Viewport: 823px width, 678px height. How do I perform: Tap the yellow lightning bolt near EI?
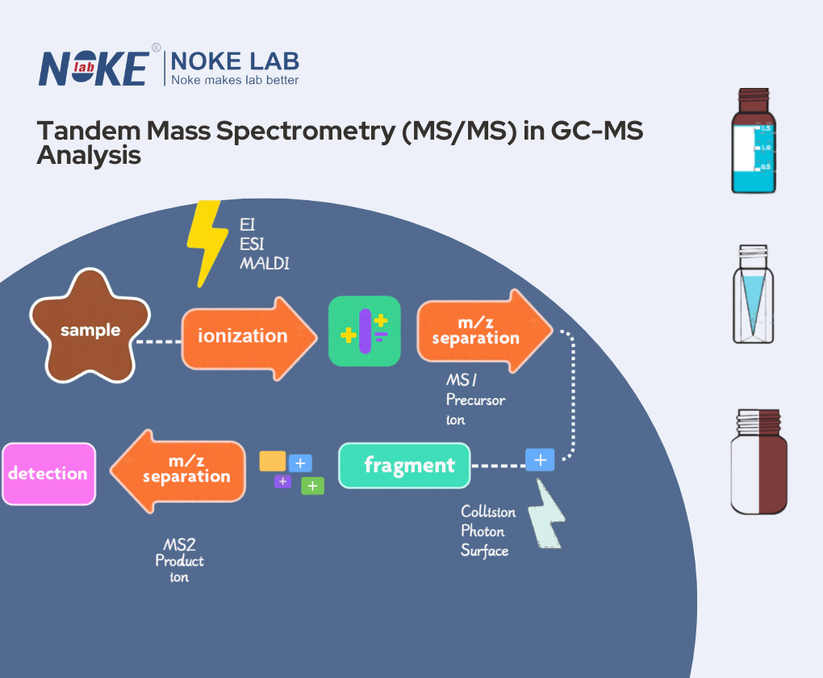coord(207,243)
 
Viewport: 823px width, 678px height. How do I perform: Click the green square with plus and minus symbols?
coord(364,331)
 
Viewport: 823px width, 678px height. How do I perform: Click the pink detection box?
coord(48,473)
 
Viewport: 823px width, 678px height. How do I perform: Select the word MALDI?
coord(263,264)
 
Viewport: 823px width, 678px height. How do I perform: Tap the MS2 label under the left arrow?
coord(179,545)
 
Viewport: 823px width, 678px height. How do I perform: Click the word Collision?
coord(487,512)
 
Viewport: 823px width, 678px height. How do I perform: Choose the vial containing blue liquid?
coord(754,141)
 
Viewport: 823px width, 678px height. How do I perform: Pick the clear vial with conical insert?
coord(754,295)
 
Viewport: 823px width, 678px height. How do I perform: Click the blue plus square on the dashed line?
coord(540,459)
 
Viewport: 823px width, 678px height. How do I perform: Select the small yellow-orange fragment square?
coord(273,461)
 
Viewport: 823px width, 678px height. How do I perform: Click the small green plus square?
coord(312,486)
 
